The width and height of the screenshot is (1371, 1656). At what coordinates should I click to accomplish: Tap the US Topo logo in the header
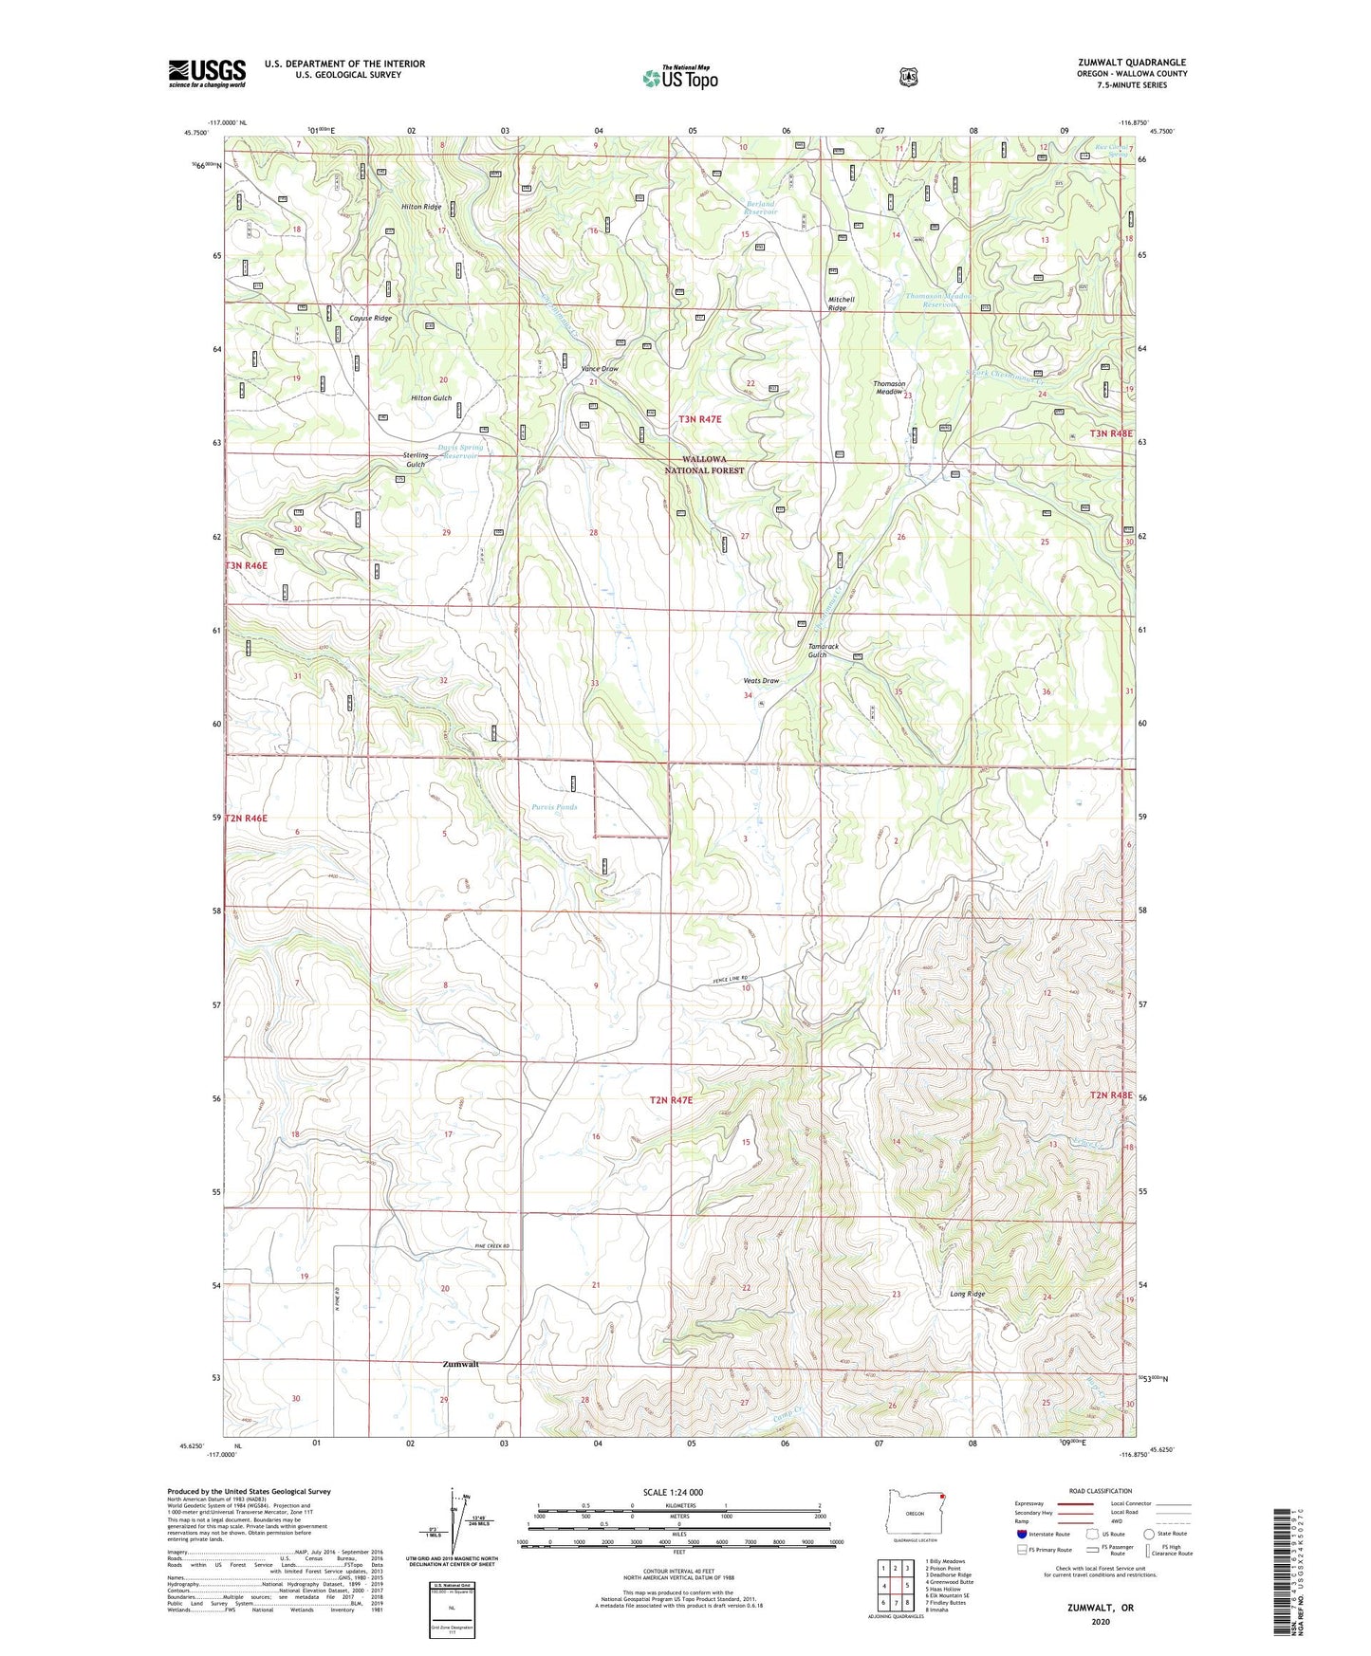coord(679,78)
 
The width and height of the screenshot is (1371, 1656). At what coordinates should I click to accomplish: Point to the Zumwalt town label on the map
coord(460,1364)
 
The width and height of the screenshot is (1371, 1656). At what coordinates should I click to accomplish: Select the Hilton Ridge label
coord(420,207)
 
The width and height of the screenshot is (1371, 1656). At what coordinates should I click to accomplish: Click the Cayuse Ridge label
coord(370,319)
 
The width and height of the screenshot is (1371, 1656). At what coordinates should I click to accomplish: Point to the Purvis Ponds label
coord(553,807)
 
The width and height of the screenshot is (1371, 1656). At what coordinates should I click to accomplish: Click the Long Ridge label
coord(967,1294)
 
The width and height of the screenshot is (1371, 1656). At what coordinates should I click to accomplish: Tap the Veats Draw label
coord(761,681)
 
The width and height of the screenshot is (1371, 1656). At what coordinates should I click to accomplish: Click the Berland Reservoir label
coord(760,208)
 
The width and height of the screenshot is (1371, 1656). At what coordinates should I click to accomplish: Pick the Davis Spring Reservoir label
coord(460,451)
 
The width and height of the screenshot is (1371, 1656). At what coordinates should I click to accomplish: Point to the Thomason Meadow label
coord(889,388)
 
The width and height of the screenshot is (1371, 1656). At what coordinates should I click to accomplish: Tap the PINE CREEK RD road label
coord(492,1246)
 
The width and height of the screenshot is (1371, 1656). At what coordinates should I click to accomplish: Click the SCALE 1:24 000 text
coord(673,1492)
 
